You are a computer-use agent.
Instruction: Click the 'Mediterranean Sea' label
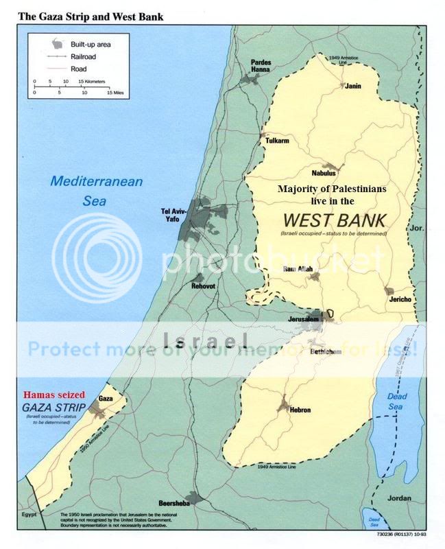tap(96, 189)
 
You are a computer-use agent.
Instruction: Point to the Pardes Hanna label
tap(261, 67)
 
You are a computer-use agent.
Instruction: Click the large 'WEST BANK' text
tap(333, 221)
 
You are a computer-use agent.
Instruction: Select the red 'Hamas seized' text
tap(53, 395)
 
